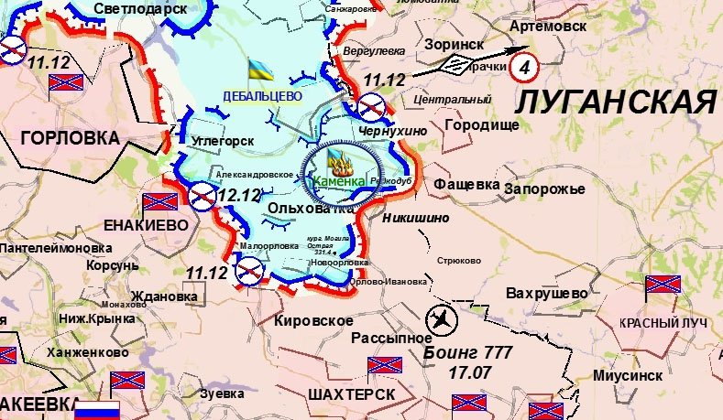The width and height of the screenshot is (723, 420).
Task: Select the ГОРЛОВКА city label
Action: (x=70, y=137)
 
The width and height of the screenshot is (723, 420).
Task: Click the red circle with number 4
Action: (x=523, y=65)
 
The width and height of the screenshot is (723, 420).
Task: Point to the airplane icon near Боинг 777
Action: (x=444, y=320)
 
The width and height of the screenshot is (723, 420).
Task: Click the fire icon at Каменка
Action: (x=340, y=165)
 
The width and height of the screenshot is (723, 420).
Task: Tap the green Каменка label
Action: (x=339, y=182)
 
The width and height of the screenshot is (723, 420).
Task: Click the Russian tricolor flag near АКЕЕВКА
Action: (x=97, y=409)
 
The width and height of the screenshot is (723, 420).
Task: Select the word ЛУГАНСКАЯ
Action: (x=614, y=102)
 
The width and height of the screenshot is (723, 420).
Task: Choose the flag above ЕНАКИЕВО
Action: (x=159, y=202)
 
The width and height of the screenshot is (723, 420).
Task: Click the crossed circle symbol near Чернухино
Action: (x=369, y=109)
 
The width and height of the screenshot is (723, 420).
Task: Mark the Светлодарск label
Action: (x=139, y=8)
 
